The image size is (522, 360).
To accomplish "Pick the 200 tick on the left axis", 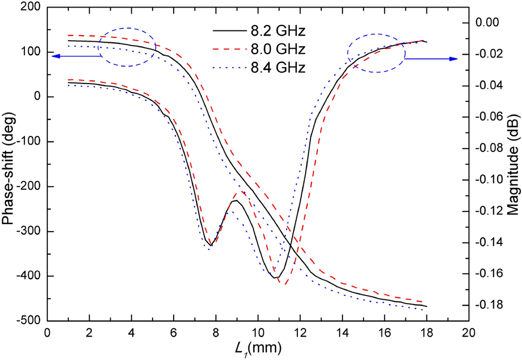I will point(29,7).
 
